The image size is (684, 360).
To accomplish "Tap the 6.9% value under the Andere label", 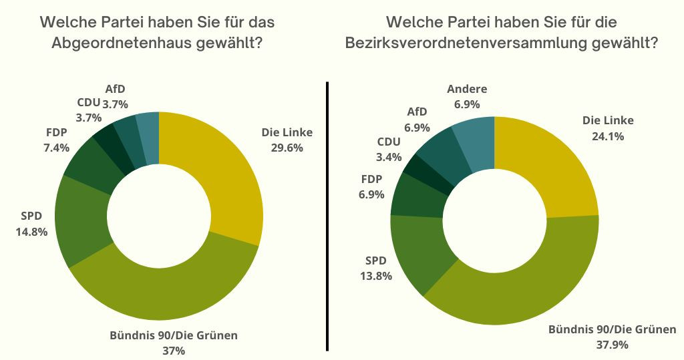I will [468, 104].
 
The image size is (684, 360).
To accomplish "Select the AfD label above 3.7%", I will [115, 89].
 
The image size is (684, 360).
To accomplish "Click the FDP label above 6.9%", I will [371, 180].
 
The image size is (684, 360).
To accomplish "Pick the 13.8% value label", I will [378, 275].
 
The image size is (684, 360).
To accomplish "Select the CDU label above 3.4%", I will [389, 142].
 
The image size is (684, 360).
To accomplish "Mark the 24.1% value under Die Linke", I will [607, 136].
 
